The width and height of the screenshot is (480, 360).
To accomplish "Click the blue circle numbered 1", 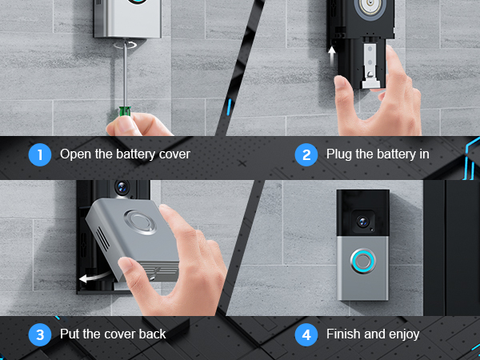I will coord(39,154).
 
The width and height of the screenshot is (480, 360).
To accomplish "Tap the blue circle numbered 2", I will coord(306,154).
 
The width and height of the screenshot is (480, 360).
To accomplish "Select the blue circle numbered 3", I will coord(39,334).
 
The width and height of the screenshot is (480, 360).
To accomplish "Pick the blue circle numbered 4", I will coord(306,334).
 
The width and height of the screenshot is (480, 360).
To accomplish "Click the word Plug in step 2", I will coord(339,154).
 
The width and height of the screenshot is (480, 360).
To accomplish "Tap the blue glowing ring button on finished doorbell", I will coord(362,261).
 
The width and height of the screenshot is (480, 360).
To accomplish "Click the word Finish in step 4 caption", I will coord(344,334).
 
